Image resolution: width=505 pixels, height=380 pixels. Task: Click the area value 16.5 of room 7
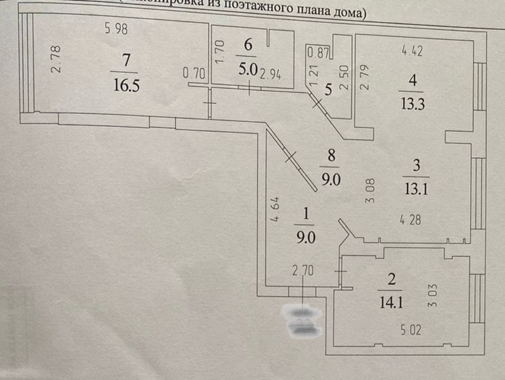pos(126,85)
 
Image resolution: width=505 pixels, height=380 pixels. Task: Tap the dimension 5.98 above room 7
pos(116,29)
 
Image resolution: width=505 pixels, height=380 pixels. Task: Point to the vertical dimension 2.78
pos(56,59)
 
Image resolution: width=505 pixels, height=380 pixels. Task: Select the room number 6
pos(248,45)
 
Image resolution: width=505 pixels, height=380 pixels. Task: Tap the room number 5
pos(327,90)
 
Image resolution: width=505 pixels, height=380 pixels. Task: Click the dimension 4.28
pos(410,220)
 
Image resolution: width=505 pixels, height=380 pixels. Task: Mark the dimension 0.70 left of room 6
pos(193,74)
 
